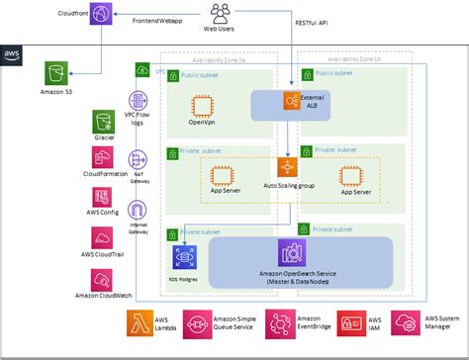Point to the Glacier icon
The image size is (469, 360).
105,122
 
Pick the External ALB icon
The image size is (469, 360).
291,101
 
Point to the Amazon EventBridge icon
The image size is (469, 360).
280,322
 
